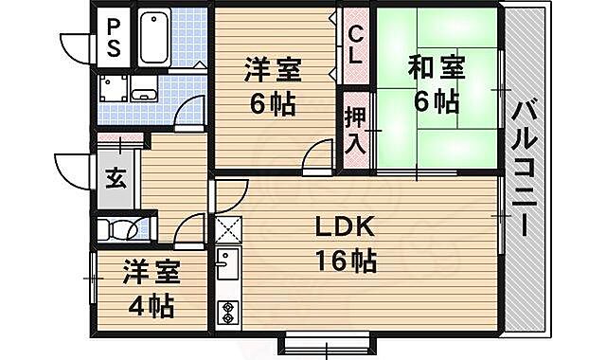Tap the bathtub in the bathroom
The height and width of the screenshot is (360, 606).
153,39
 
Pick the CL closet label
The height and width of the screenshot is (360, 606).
355,45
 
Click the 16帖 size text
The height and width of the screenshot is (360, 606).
347,261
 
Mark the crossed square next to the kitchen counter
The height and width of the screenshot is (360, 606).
227,230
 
